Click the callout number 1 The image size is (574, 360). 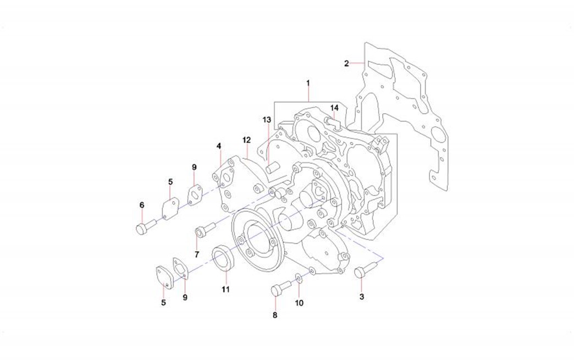point(308,83)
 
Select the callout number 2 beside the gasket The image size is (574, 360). point(347,63)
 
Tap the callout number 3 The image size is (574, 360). point(361,297)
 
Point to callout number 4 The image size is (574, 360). point(219,146)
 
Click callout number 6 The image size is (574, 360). point(142,205)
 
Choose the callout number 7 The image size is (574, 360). point(196,254)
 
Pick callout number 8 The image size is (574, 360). point(275,315)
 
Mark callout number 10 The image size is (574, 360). point(299,303)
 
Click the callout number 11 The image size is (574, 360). point(225,289)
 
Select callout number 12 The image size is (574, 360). point(246,140)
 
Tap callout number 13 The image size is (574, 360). point(267,119)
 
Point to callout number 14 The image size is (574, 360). point(334,107)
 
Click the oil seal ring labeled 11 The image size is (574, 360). point(223,259)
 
